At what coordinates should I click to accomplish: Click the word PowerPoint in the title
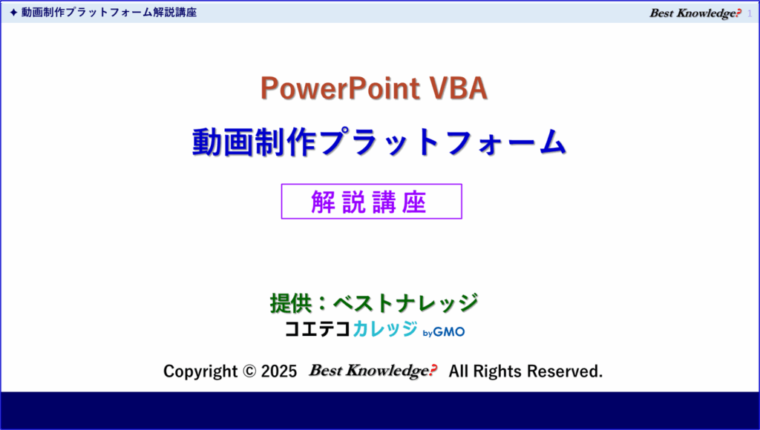point(340,89)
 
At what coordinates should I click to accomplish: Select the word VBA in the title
point(458,88)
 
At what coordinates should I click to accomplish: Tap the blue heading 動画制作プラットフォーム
point(379,142)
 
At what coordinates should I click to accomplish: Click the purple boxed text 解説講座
point(369,202)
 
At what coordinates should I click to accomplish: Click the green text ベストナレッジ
point(406,304)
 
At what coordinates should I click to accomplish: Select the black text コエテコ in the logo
point(318,329)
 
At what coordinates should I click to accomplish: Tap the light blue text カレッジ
point(385,329)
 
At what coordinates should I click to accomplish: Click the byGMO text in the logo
point(444,332)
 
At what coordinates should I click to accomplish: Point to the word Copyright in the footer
point(200,371)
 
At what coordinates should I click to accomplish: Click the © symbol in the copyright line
point(249,371)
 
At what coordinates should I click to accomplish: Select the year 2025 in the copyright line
point(279,371)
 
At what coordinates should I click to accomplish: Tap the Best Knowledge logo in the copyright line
point(373,371)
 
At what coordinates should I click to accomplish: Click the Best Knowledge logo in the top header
point(695,13)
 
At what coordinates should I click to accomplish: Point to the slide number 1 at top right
point(750,13)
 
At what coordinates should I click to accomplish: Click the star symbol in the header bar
point(13,13)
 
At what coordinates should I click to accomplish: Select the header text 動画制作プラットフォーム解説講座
point(109,13)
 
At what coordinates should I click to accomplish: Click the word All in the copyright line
point(459,371)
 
